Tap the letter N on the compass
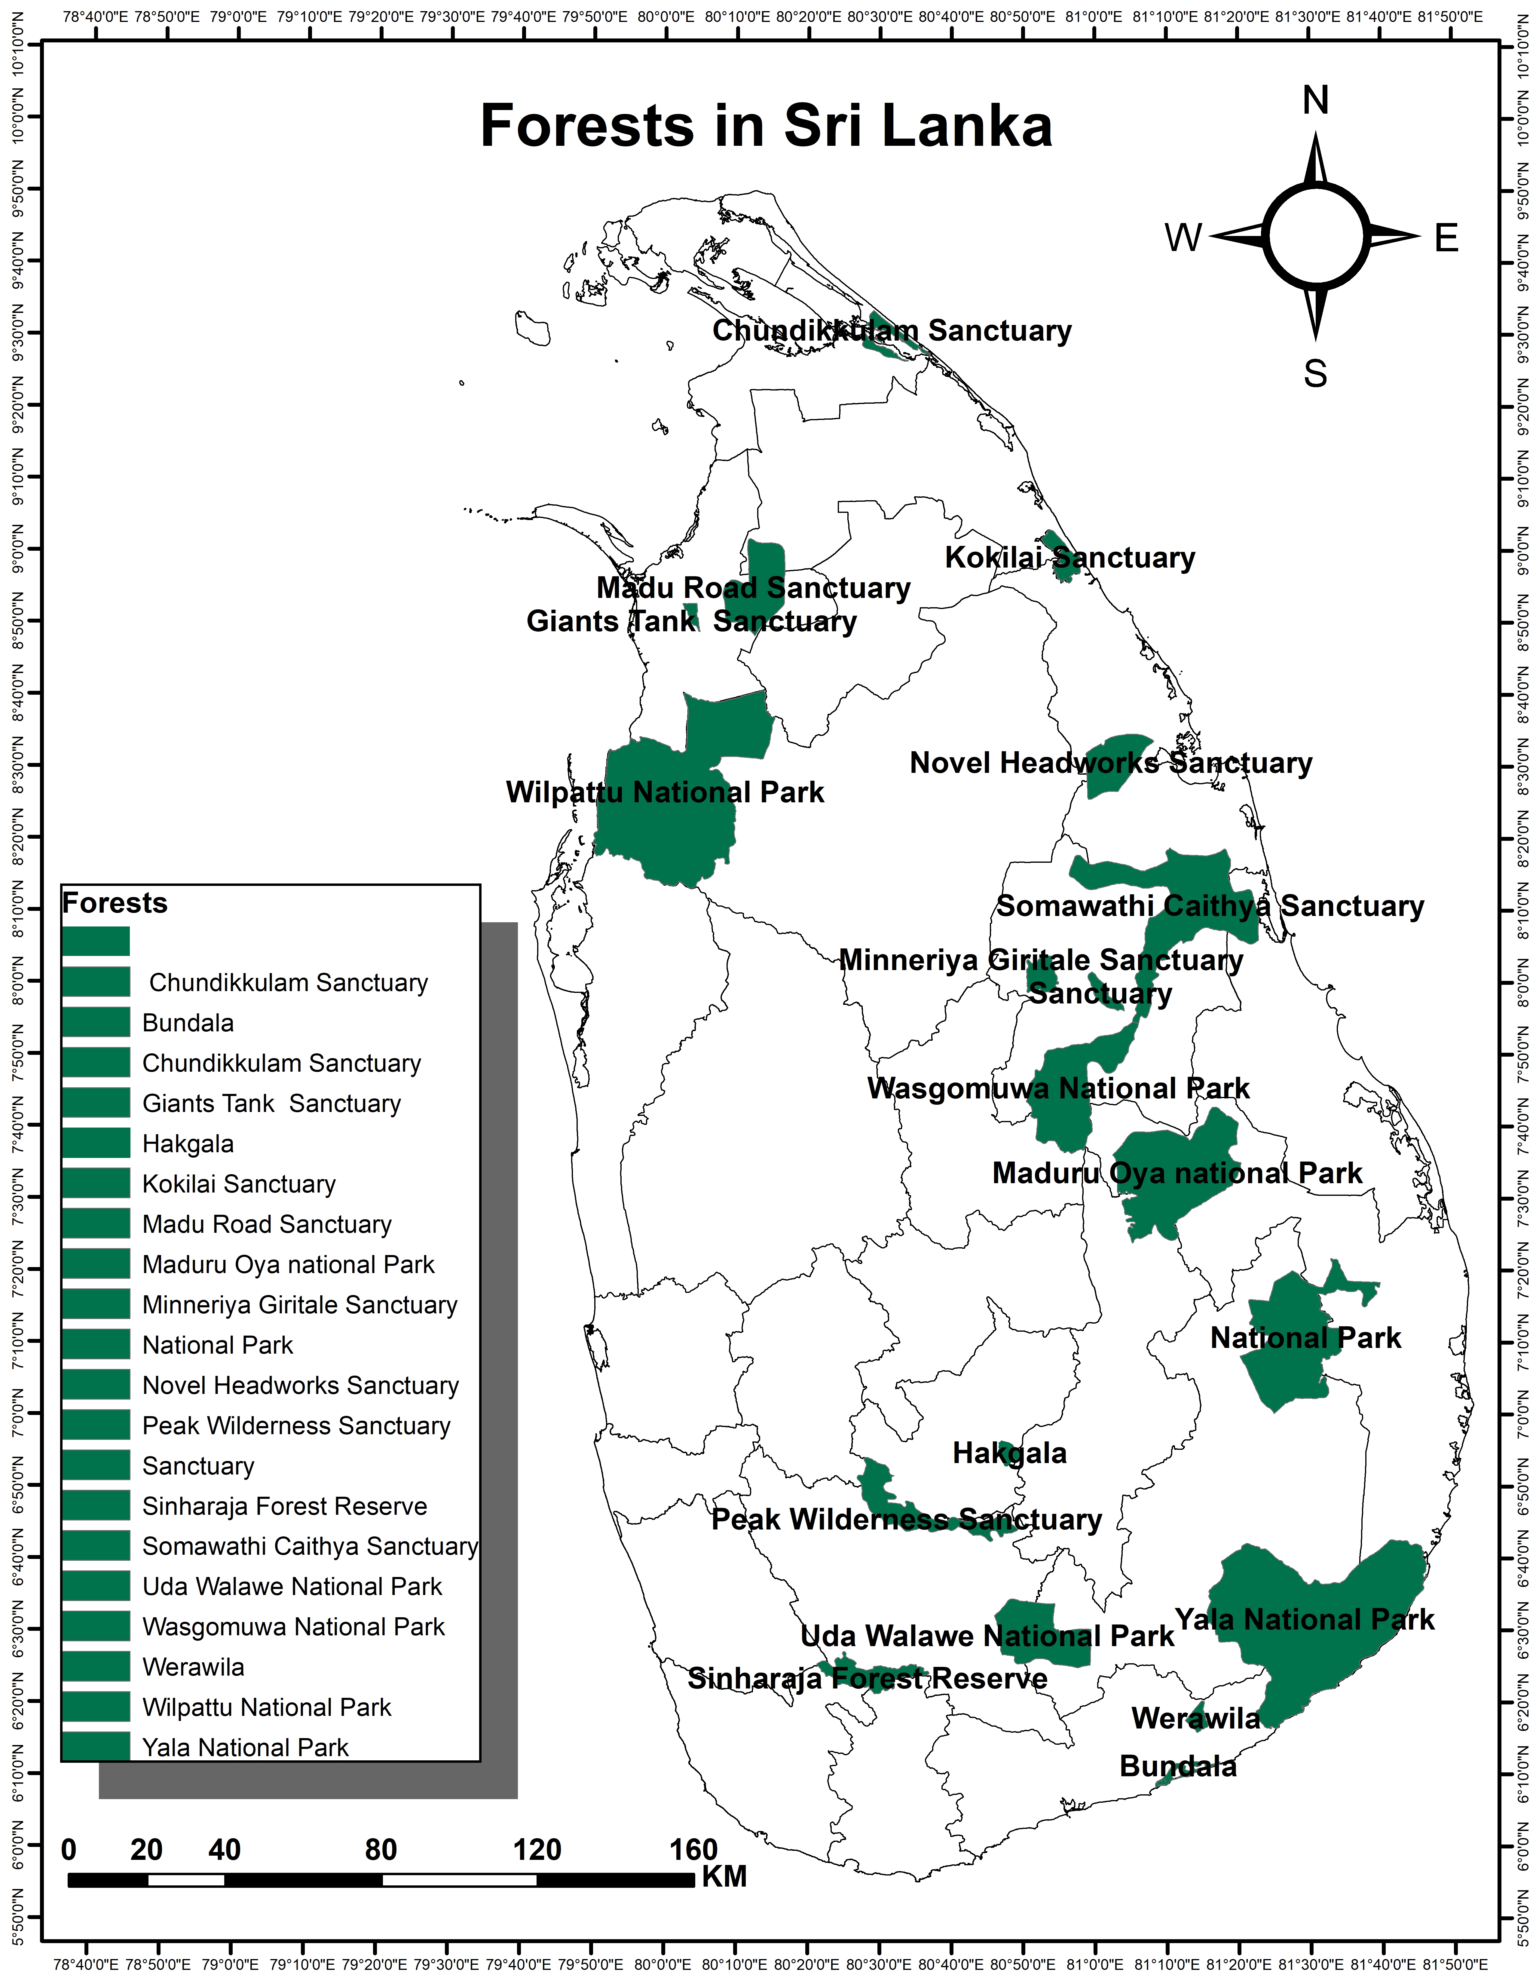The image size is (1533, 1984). coord(1315,100)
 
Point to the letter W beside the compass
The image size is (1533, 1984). coord(1183,238)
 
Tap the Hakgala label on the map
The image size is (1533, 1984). coord(1009,1453)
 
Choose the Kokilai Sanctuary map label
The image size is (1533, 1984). coord(1070,558)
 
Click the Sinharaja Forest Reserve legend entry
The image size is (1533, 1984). coord(284,1506)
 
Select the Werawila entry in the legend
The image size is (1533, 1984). coord(194,1667)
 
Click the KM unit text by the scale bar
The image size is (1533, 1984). coord(724,1877)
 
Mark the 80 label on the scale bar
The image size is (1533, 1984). coord(381,1850)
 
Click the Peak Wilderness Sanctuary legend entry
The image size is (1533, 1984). coord(296,1425)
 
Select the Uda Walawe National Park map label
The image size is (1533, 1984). coord(987,1636)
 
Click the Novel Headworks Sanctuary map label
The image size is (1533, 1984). coord(1111,763)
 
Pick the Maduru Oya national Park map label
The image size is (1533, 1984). coord(1177,1173)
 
